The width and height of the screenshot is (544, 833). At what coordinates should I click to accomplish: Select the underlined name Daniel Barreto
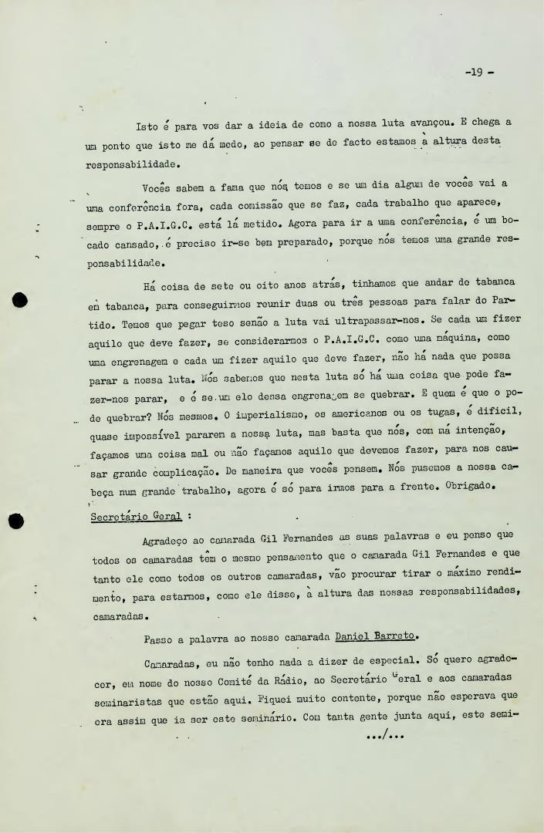[376, 637]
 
